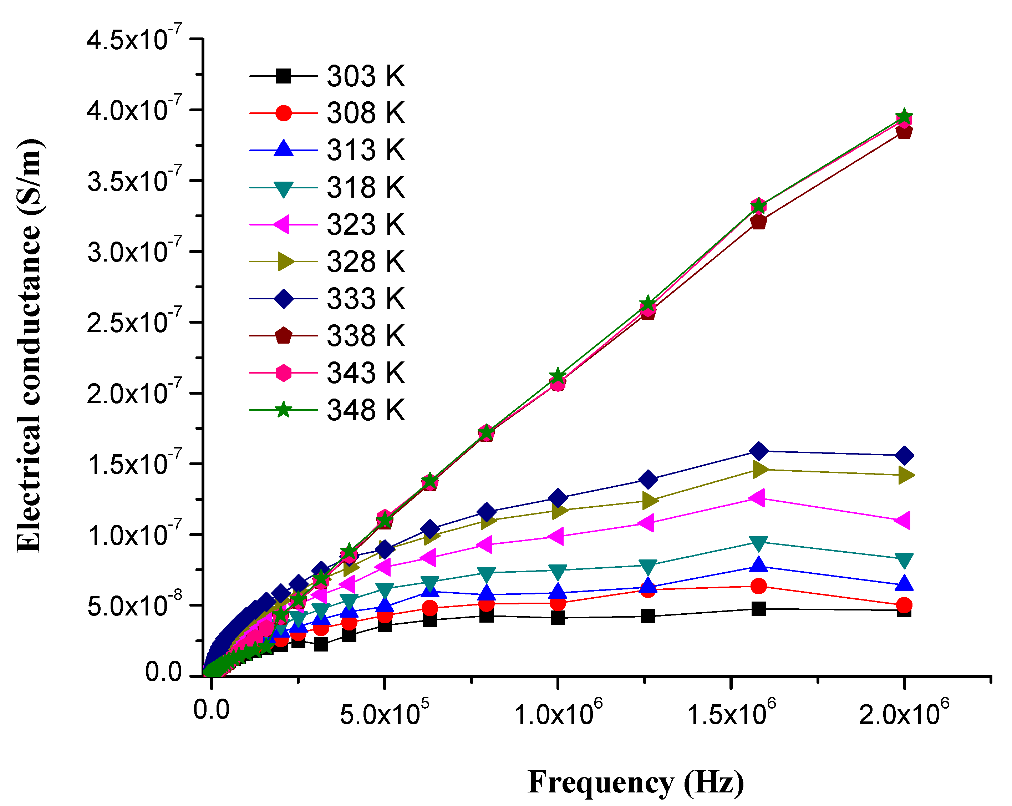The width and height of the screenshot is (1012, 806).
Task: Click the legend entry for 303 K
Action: [x=365, y=76]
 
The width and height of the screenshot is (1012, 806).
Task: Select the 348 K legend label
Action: [x=365, y=410]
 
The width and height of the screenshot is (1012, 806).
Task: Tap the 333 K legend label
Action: [x=365, y=299]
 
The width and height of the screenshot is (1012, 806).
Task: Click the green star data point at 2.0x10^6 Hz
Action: [x=904, y=117]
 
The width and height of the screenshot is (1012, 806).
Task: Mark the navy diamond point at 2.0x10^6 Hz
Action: [x=904, y=455]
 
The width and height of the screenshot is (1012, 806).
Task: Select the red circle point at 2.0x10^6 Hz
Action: [x=904, y=605]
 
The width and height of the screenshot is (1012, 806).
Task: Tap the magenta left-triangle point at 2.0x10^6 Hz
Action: [x=903, y=521]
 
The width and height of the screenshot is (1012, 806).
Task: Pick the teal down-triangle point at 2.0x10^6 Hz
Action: [x=904, y=559]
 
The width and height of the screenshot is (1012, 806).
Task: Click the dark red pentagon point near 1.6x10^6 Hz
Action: [x=758, y=221]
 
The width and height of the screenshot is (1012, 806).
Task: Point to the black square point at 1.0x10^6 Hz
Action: [x=558, y=618]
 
